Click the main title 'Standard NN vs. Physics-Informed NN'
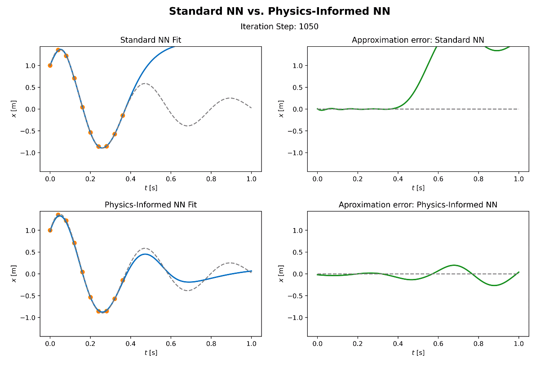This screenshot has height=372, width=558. click(279, 12)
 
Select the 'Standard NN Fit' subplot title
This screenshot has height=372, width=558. click(151, 40)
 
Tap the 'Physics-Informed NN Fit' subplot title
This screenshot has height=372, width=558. click(151, 205)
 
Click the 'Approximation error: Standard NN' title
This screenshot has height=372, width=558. click(418, 40)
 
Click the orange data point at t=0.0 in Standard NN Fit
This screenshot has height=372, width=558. click(50, 65)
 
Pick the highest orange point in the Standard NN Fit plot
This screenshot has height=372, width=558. click(58, 50)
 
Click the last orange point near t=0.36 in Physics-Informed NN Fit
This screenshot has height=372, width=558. click(123, 280)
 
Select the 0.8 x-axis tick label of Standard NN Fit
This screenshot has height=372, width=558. click(211, 179)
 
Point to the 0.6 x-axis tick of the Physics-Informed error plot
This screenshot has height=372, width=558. click(438, 344)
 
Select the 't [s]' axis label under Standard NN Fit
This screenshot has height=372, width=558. click(151, 188)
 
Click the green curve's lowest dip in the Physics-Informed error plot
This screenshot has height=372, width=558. click(495, 285)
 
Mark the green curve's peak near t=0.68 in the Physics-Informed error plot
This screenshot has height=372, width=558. click(454, 265)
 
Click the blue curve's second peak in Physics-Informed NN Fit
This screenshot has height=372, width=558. click(145, 254)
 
